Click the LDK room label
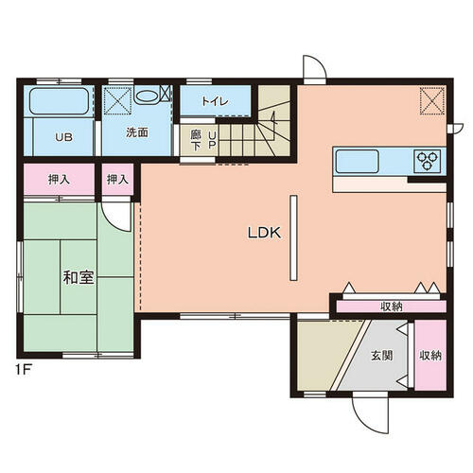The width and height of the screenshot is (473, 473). pos(264,233)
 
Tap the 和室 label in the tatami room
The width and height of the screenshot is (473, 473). pos(79,277)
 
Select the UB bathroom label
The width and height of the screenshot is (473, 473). pos(63,137)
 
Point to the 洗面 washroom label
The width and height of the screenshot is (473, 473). pos(137,132)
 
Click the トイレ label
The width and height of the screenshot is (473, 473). pos(215,101)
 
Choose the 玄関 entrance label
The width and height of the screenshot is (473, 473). pos(382,356)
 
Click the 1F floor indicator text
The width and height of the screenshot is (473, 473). pos(23,370)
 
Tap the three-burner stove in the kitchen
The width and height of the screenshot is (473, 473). pos(428,161)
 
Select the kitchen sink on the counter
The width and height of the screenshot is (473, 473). pos(357,161)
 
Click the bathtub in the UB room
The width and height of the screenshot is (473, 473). pos(59,101)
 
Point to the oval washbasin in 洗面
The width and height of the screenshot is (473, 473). pos(146,96)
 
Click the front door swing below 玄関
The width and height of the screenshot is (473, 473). pos(371,413)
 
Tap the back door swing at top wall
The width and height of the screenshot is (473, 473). pos(314,67)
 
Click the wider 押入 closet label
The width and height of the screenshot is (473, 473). pos(59,180)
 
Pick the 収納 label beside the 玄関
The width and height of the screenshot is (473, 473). pos(430,356)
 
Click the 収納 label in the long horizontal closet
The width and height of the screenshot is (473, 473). pos(392,307)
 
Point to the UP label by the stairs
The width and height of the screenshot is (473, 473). pos(212,140)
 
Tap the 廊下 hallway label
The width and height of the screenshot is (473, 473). pos(196,140)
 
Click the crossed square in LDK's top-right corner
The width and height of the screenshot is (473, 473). pos(431,100)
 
